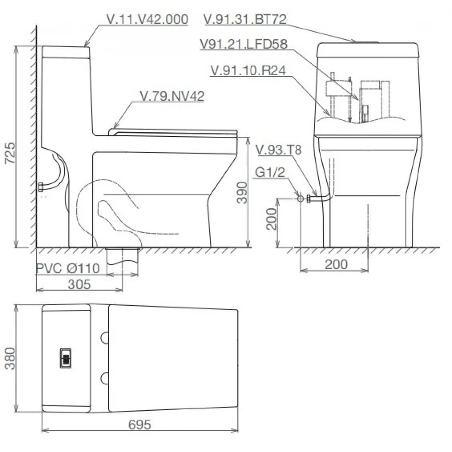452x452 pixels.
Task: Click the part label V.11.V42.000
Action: (147, 19)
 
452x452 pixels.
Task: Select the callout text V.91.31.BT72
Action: (245, 19)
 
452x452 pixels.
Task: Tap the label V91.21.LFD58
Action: (243, 44)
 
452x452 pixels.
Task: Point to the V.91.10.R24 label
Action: (248, 70)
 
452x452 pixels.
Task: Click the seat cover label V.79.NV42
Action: (172, 96)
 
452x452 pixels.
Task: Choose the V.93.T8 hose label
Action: (279, 150)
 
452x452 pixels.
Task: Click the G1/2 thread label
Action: (270, 172)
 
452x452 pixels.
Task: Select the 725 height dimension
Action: (10, 153)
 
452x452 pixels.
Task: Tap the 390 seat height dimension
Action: (242, 192)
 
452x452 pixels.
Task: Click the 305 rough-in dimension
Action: (79, 284)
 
